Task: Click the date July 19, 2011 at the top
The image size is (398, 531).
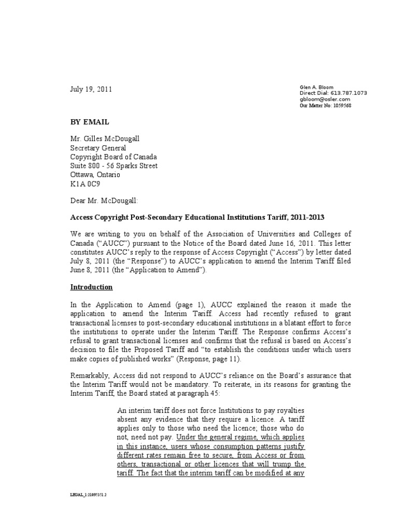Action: point(91,89)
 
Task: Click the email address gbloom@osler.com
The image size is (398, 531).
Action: point(325,99)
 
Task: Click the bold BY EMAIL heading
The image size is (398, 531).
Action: point(90,122)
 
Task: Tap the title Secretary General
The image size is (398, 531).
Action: point(98,148)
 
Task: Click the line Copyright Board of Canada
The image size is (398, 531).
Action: point(113,157)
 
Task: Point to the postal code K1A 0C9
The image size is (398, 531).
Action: point(85,183)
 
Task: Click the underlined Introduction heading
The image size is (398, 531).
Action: point(91,287)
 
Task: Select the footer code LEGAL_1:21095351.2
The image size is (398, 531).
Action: point(88,495)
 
